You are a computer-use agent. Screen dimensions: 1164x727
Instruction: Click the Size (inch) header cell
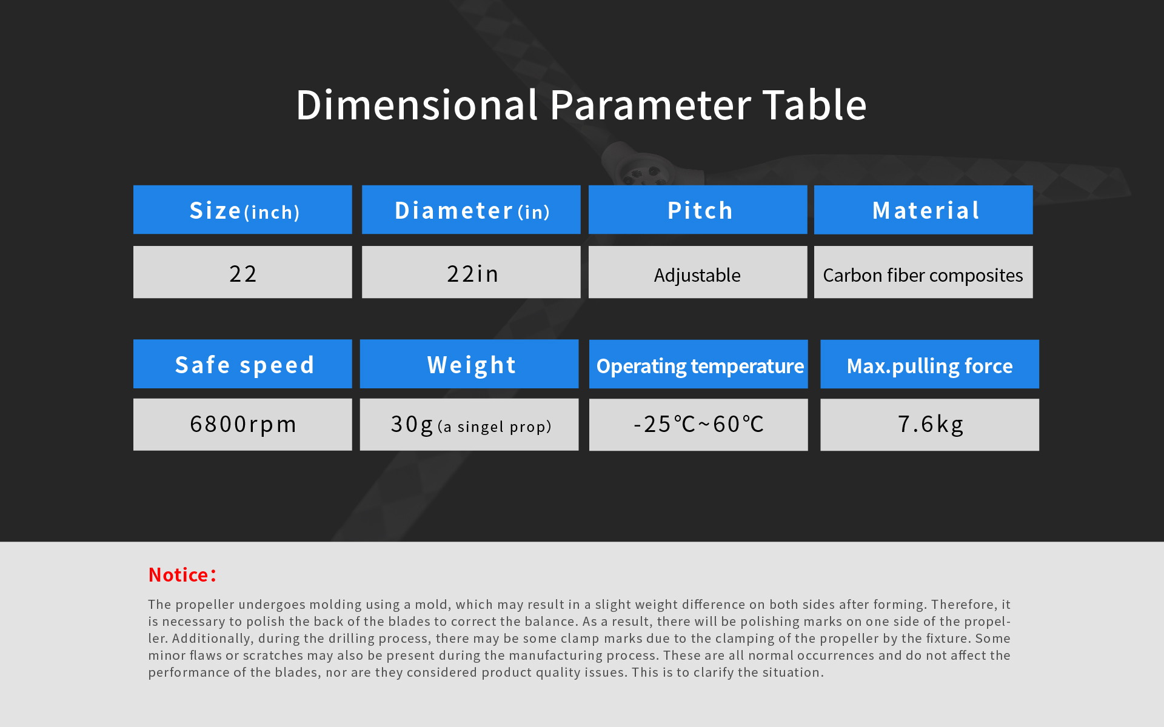tap(242, 210)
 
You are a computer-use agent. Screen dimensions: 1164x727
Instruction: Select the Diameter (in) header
tap(471, 210)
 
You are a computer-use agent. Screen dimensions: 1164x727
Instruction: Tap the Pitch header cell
tap(698, 210)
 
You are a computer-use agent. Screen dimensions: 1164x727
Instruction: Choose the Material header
tap(923, 210)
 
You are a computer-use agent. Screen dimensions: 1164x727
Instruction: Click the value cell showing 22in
tap(471, 272)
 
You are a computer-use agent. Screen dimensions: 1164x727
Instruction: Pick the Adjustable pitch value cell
tap(698, 272)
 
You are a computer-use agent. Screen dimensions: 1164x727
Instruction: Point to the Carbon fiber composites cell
tap(923, 272)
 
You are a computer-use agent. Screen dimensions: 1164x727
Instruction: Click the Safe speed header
tap(242, 363)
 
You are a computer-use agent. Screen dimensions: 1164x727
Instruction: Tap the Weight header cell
tap(469, 363)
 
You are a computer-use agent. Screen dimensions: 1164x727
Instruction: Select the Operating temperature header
tap(698, 364)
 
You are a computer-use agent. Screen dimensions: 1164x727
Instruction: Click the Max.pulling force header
tap(929, 364)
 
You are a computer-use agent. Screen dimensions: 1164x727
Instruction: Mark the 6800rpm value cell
tap(242, 424)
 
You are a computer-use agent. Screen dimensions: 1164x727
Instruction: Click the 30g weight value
tap(469, 424)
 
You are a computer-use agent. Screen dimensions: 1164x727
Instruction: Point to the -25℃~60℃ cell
tap(698, 425)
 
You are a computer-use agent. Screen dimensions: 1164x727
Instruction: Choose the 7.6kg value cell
tap(929, 425)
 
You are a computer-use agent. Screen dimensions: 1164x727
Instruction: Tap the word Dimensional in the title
tap(417, 105)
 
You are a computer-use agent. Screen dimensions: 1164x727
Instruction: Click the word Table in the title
tap(814, 105)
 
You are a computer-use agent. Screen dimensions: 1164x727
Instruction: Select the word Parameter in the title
tap(651, 105)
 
